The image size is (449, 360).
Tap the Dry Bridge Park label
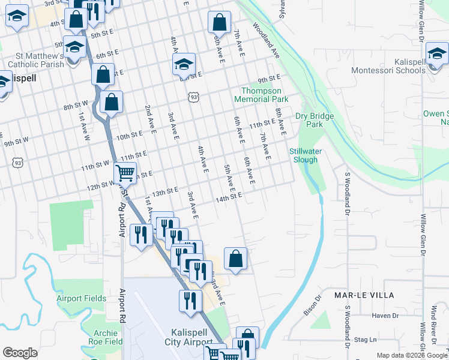pyautogui.click(x=310, y=120)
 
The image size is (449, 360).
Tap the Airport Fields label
pyautogui.click(x=82, y=298)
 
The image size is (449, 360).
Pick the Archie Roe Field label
pyautogui.click(x=100, y=337)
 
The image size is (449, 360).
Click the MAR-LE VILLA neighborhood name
pyautogui.click(x=364, y=295)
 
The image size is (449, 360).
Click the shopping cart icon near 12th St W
pyautogui.click(x=125, y=173)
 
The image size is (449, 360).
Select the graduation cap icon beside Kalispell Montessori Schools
pyautogui.click(x=438, y=53)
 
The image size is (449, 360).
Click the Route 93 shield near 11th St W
pyautogui.click(x=19, y=162)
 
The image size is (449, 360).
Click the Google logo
pyautogui.click(x=20, y=353)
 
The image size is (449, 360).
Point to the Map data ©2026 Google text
pyautogui.click(x=411, y=355)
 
